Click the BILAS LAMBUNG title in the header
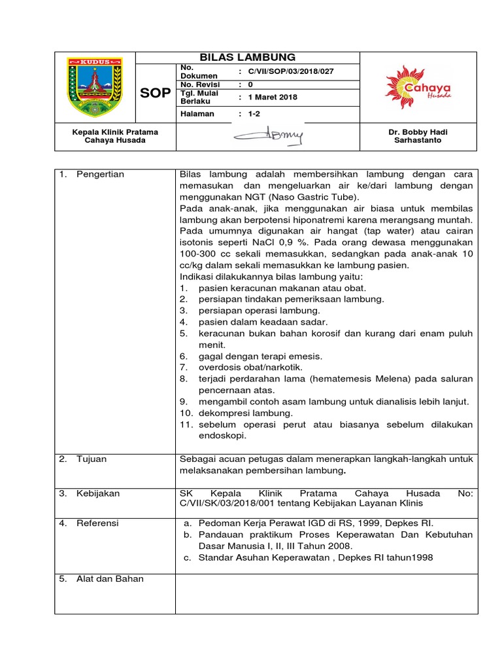(x=247, y=57)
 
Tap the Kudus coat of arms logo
(x=95, y=86)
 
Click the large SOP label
(x=155, y=92)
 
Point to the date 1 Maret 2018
(x=273, y=97)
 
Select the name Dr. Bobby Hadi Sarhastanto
(x=418, y=136)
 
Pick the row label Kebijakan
(x=98, y=493)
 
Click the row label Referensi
(x=98, y=523)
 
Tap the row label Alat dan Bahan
(x=110, y=578)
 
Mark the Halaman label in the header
(x=197, y=113)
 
